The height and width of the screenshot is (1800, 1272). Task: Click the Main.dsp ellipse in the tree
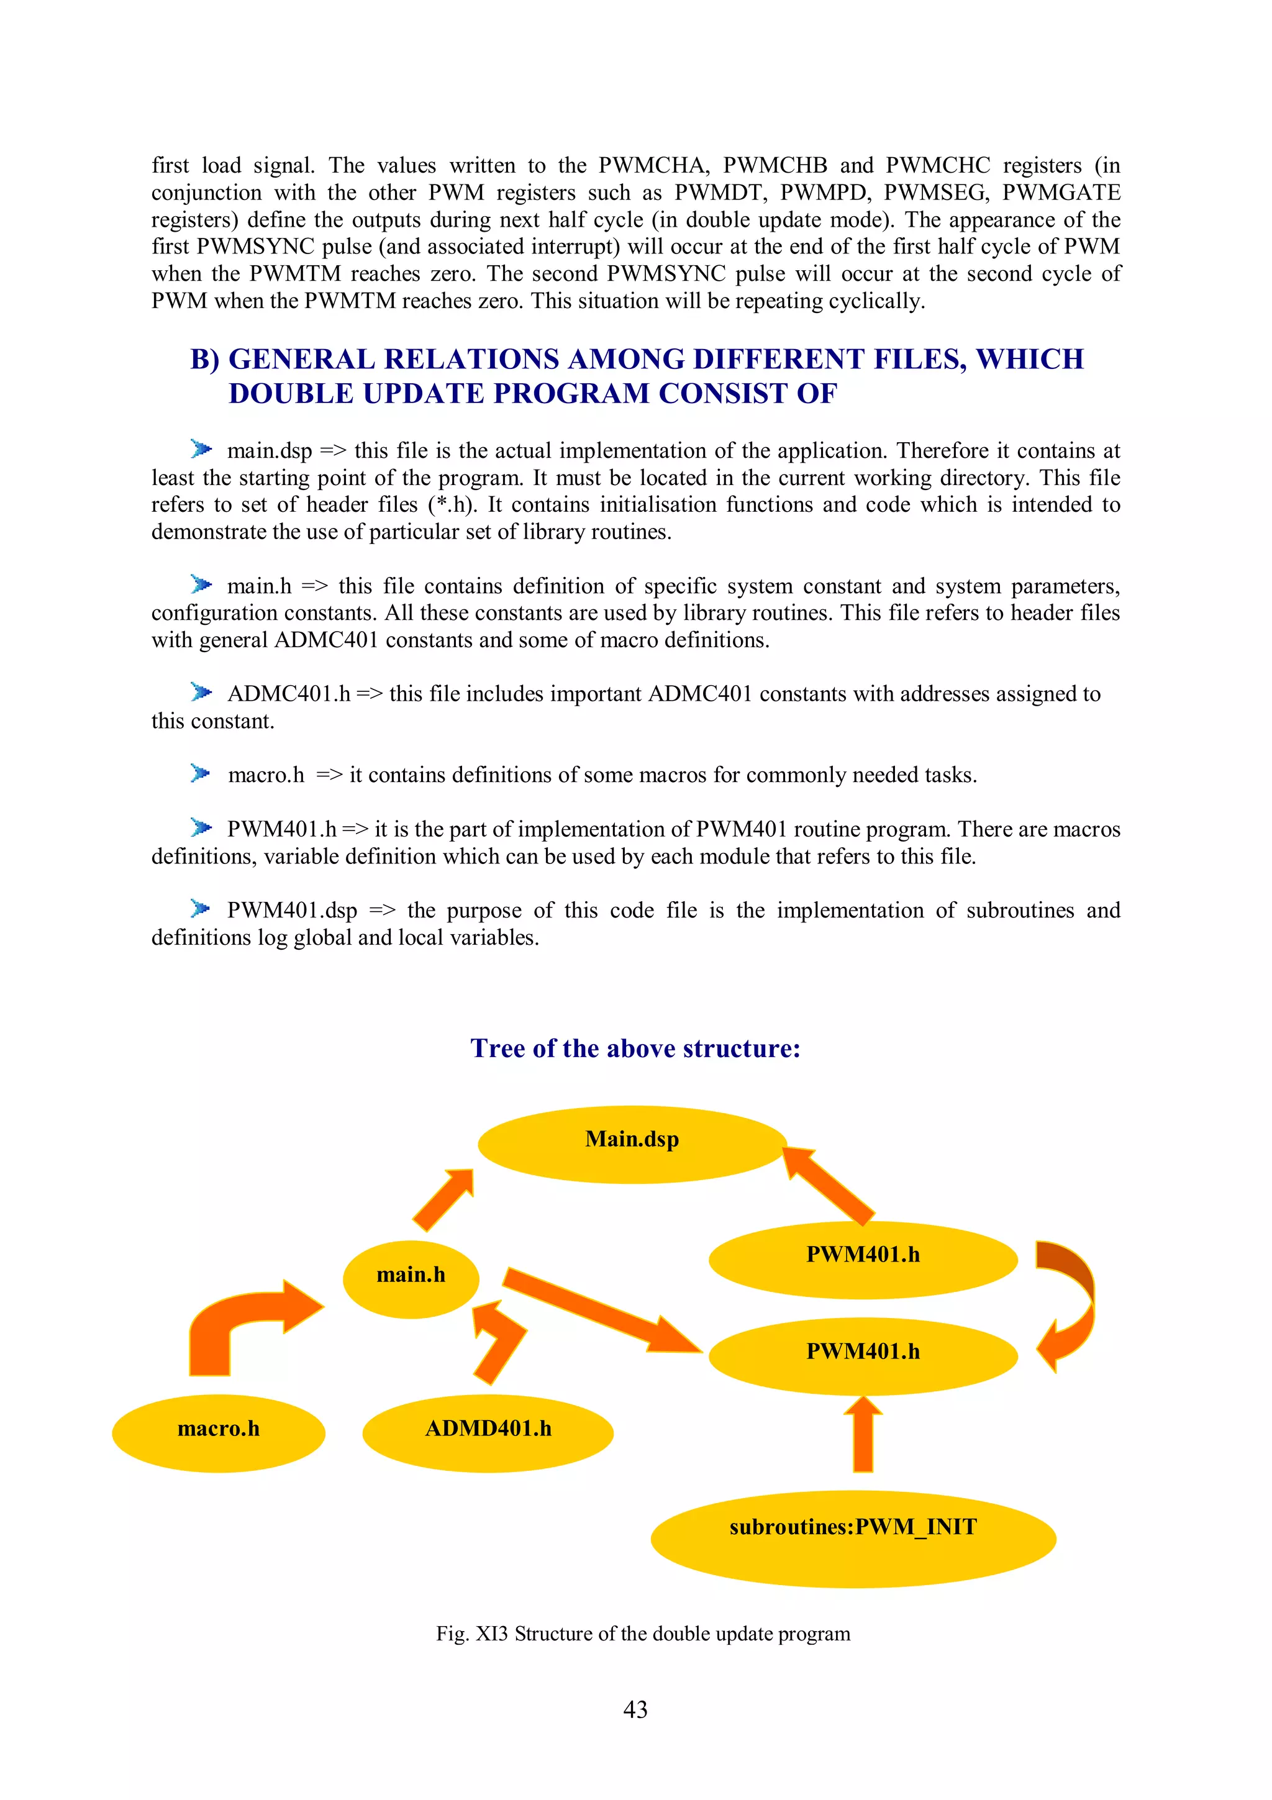pyautogui.click(x=632, y=1144)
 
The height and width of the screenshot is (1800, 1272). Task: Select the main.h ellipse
pyautogui.click(x=411, y=1279)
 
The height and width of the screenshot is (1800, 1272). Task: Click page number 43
pyautogui.click(x=635, y=1709)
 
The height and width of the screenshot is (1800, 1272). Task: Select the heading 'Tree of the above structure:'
pyautogui.click(x=635, y=1048)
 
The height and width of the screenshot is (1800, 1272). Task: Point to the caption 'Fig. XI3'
pyautogui.click(x=472, y=1634)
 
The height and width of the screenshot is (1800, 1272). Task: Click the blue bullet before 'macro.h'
pyautogui.click(x=201, y=774)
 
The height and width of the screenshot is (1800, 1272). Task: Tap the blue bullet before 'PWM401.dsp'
pyautogui.click(x=201, y=909)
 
